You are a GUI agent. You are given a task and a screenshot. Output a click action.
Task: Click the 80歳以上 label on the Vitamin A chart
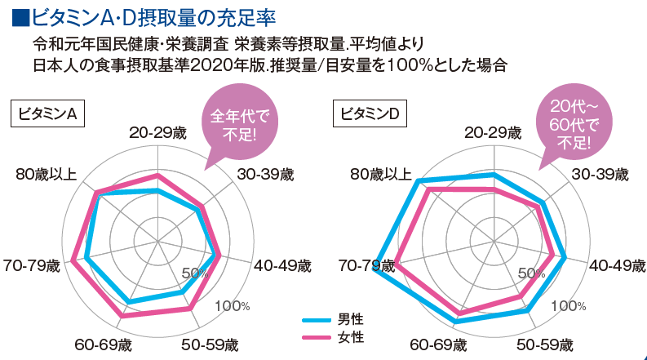pos(47,175)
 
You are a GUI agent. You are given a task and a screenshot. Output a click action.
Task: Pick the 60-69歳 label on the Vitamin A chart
pos(102,344)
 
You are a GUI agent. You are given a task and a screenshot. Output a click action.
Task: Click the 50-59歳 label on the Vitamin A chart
pos(208,344)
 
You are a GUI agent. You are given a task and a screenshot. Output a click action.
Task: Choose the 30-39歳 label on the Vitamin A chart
pos(264,175)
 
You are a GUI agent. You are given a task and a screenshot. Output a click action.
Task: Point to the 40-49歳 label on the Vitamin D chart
pos(617,265)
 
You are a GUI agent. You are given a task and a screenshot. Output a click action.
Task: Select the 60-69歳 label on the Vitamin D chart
pos(438,344)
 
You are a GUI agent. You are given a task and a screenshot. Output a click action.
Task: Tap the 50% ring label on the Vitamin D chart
pos(530,273)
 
